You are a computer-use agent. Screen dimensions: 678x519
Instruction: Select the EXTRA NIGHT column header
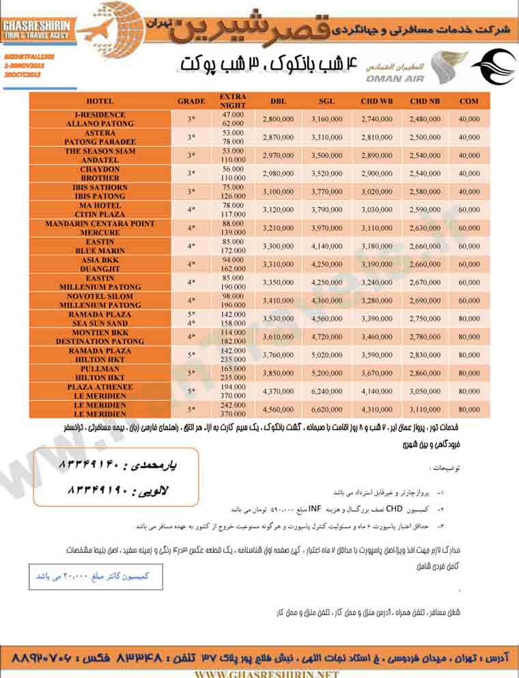pos(233,101)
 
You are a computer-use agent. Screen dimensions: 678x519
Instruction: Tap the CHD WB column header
pos(377,101)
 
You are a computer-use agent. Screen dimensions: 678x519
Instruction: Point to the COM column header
pos(469,101)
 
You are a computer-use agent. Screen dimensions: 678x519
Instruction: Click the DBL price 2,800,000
pos(278,119)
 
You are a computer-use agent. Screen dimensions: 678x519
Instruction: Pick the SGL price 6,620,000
pos(327,409)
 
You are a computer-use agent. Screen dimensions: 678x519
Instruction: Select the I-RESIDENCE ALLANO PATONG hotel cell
pos(100,119)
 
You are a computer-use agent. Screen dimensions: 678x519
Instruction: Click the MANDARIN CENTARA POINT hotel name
pos(100,223)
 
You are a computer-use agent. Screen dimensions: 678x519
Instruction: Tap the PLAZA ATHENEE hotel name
pos(100,387)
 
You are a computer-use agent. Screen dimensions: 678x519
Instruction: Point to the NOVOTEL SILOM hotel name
pos(100,296)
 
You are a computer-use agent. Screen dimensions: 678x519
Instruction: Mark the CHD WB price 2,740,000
pos(377,119)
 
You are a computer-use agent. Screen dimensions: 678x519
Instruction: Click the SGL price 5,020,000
pos(327,355)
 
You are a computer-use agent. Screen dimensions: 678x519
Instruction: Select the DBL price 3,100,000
pos(278,191)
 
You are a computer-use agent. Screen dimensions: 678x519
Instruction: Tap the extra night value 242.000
pos(234,405)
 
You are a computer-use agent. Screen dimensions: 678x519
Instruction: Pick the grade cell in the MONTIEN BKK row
pos(191,336)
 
